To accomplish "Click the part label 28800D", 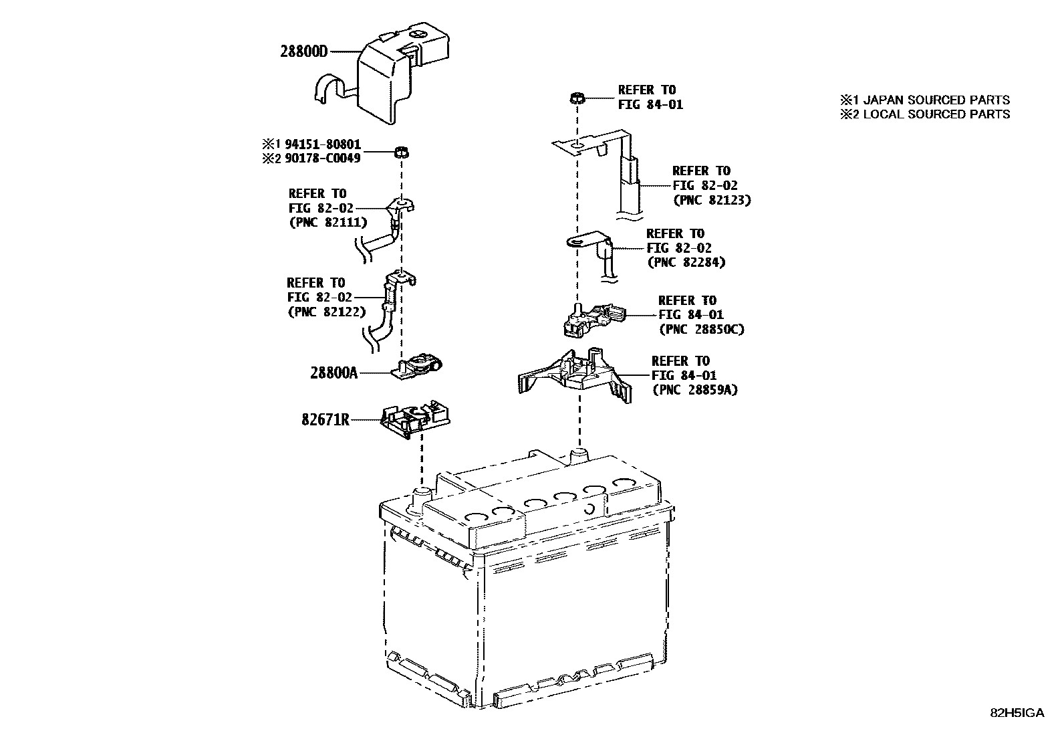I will (303, 51).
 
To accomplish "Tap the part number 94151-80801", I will (323, 144).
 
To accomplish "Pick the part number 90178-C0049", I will (323, 159).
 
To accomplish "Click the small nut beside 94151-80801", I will (401, 152).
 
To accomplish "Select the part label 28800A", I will (334, 373).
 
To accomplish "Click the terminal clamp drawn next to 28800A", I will (417, 366).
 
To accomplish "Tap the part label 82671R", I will (325, 420).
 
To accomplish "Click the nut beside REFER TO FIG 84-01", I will (577, 98).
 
